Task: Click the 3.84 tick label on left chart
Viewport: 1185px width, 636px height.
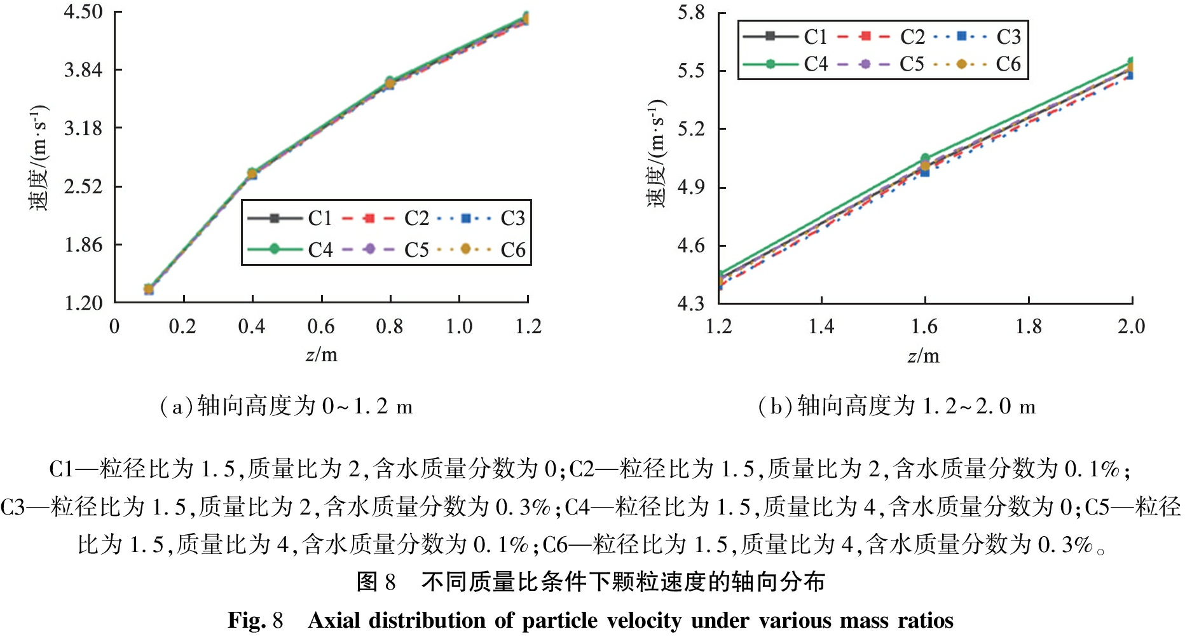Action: [83, 70]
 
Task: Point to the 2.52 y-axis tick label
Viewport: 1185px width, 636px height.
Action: [83, 187]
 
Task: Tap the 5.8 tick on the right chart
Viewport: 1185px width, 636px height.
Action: [691, 13]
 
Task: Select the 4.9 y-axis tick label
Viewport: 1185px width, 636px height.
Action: [691, 188]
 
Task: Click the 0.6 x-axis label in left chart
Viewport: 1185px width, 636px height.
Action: [320, 327]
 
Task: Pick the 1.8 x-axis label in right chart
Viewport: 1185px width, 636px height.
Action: [1028, 327]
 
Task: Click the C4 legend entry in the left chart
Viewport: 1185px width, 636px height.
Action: [320, 250]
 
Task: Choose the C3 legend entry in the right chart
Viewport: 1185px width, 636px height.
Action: [1008, 37]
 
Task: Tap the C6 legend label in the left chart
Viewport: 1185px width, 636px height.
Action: [512, 250]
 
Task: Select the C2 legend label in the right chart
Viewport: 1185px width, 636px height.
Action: [912, 37]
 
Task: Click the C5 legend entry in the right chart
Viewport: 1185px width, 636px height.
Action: [912, 64]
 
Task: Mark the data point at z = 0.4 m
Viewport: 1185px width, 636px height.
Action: [252, 174]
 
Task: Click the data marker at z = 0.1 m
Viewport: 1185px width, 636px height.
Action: [149, 289]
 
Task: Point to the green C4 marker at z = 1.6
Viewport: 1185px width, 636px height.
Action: [925, 158]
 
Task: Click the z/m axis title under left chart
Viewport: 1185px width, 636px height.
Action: [322, 355]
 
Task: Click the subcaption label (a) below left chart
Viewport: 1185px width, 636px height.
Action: [176, 406]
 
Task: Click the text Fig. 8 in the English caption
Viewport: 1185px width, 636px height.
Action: [255, 620]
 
